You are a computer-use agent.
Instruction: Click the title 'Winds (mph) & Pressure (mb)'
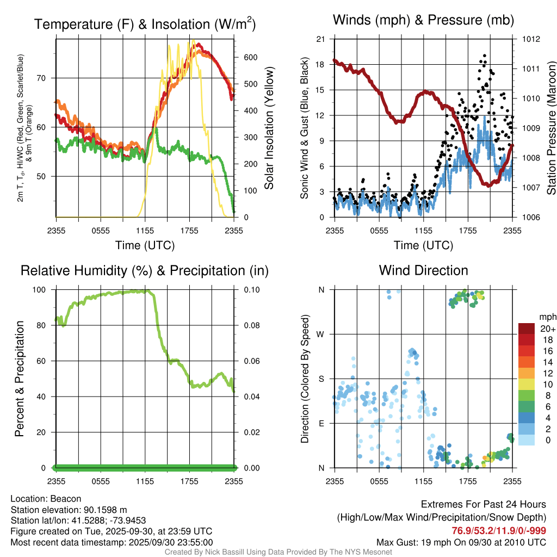tap(423, 21)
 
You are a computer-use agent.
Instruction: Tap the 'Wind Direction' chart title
tap(423, 270)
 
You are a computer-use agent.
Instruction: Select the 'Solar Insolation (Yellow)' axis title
tap(269, 128)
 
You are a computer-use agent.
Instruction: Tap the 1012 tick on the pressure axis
tap(532, 39)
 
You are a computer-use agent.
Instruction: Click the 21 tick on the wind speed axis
tap(321, 39)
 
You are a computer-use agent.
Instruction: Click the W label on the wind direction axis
tap(321, 334)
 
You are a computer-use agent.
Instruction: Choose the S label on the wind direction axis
tap(321, 379)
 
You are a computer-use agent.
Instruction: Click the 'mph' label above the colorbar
tap(546, 317)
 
